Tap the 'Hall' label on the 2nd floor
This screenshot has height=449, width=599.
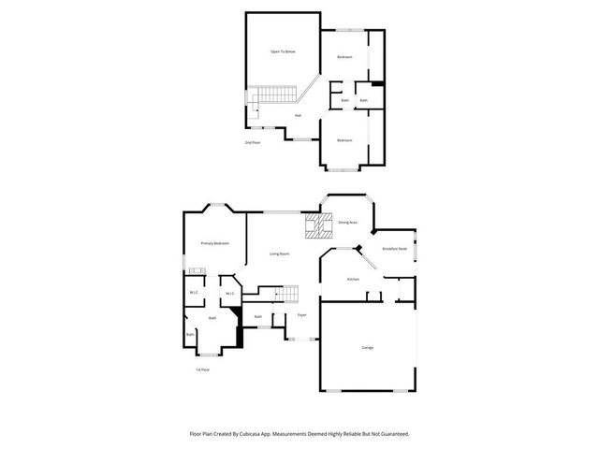(x=298, y=115)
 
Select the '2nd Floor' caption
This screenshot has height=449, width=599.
(x=253, y=142)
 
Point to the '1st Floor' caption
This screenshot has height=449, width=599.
(x=202, y=369)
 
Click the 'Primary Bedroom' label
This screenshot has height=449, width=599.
(x=215, y=243)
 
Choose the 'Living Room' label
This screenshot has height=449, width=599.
(x=279, y=253)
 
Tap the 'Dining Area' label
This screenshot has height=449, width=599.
(x=347, y=222)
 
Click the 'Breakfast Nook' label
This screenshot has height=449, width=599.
(x=394, y=249)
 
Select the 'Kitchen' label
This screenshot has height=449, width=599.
(x=354, y=279)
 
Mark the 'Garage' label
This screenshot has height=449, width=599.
(x=368, y=347)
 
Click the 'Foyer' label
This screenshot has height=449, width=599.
(x=302, y=315)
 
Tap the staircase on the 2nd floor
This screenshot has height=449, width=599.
(x=273, y=94)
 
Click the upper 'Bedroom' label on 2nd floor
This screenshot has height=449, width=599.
(x=344, y=57)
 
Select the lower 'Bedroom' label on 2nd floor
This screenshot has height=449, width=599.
(x=344, y=140)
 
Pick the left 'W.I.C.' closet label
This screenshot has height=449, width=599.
(x=193, y=294)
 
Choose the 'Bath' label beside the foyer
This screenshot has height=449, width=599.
(x=257, y=316)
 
